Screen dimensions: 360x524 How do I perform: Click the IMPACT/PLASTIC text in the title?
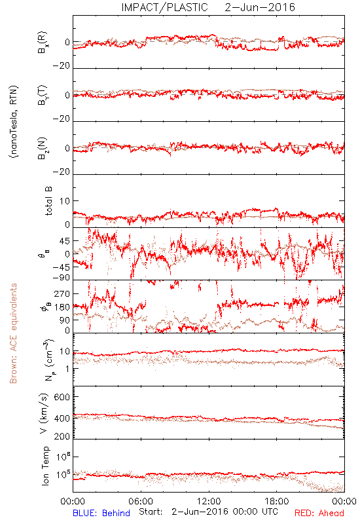pyautogui.click(x=165, y=7)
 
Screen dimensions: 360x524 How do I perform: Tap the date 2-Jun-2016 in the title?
pyautogui.click(x=260, y=7)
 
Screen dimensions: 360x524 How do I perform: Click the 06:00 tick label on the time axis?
pyautogui.click(x=141, y=501)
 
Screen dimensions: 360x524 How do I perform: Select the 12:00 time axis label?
pyautogui.click(x=209, y=501)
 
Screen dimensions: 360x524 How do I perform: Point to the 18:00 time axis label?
pyautogui.click(x=277, y=501)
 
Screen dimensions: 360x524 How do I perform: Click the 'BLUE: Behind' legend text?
pyautogui.click(x=101, y=513)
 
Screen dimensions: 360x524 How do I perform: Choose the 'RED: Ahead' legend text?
pyautogui.click(x=319, y=513)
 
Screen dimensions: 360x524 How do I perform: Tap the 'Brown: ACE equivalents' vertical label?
pyautogui.click(x=13, y=333)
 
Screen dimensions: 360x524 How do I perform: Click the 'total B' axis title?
pyautogui.click(x=48, y=201)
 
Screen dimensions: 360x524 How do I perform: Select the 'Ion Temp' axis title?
pyautogui.click(x=45, y=466)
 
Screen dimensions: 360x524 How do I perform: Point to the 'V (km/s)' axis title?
pyautogui.click(x=44, y=413)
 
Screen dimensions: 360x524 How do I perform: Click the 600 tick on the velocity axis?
pyautogui.click(x=62, y=397)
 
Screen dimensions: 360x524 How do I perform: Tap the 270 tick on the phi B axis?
pyautogui.click(x=62, y=293)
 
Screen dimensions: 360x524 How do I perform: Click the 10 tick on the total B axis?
pyautogui.click(x=65, y=201)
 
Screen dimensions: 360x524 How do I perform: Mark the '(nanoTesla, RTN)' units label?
pyautogui.click(x=14, y=122)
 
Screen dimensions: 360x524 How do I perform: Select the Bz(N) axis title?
pyautogui.click(x=43, y=148)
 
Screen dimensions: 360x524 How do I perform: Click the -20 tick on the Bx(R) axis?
pyautogui.click(x=62, y=66)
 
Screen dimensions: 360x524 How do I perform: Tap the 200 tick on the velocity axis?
pyautogui.click(x=62, y=436)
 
